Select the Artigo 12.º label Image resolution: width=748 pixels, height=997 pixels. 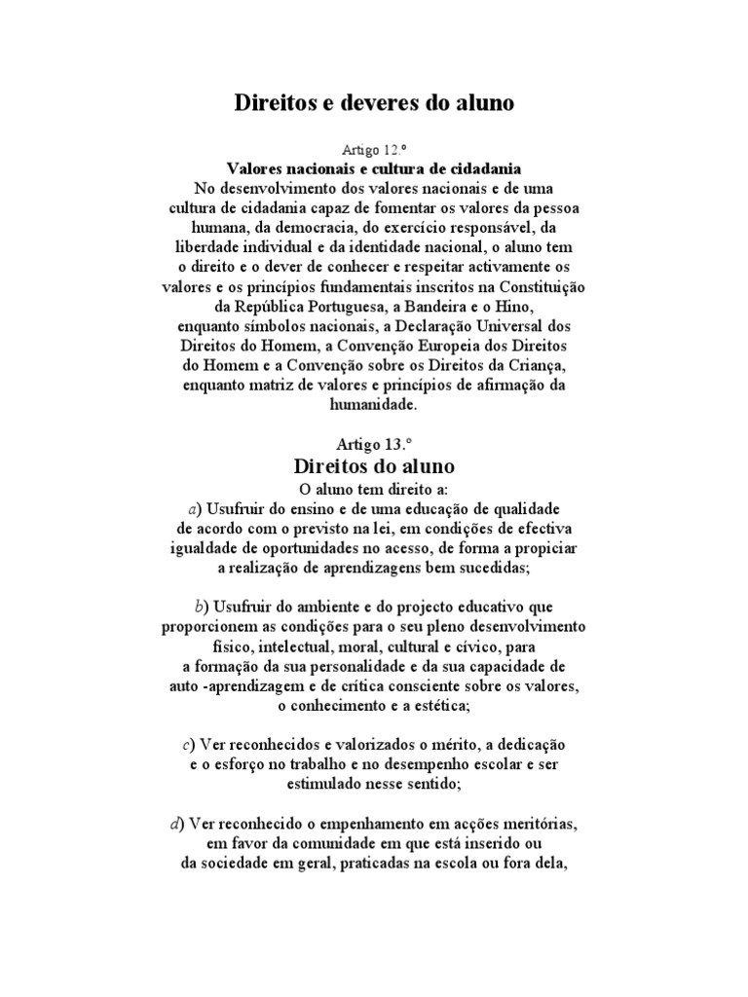tap(373, 150)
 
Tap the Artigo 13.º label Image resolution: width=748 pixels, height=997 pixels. tap(373, 444)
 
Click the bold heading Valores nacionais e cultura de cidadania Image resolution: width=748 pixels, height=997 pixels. tap(373, 167)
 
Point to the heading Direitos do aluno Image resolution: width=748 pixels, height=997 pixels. tap(373, 465)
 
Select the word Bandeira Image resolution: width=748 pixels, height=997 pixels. tap(444, 308)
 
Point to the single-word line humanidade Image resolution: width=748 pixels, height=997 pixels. tap(373, 405)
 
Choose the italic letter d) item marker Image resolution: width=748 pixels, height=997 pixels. tap(175, 823)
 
